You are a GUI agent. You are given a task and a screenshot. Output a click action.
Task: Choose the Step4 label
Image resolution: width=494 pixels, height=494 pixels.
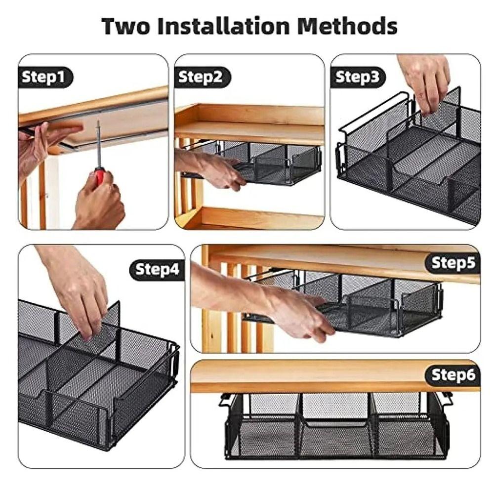tap(157, 269)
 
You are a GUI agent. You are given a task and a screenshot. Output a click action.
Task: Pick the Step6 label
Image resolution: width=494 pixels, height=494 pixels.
tap(453, 375)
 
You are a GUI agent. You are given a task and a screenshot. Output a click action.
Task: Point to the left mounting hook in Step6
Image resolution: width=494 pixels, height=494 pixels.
tap(225, 399)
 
